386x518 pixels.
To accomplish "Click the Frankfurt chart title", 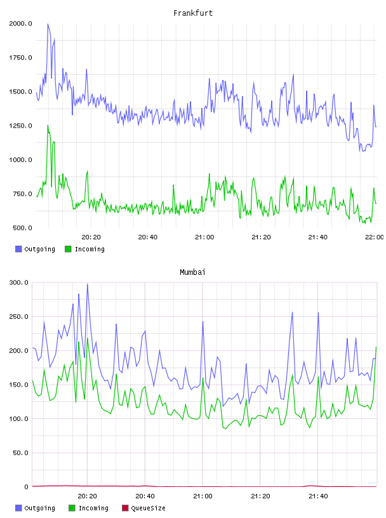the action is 193,13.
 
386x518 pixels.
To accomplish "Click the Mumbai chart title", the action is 192,272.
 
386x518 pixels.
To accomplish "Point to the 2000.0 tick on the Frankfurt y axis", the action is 20,23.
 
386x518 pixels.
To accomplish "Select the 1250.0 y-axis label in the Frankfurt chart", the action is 20,126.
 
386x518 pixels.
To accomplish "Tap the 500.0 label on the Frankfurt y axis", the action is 22,228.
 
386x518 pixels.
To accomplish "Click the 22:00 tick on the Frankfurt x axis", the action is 375,237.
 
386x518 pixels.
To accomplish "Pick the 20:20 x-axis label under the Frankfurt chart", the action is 91,237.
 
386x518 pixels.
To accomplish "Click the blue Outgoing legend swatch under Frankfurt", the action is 18,249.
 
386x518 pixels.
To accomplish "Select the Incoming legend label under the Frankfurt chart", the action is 90,249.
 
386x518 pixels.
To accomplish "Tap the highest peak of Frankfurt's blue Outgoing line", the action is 48,23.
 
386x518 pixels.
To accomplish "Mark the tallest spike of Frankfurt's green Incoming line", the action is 48,126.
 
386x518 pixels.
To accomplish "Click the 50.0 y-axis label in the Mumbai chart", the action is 20,453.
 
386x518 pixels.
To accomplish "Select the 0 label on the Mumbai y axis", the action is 27,487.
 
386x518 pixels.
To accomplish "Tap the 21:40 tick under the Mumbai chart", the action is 318,496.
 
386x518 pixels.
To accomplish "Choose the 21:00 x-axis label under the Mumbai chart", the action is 203,496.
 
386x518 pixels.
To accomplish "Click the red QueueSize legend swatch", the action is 125,508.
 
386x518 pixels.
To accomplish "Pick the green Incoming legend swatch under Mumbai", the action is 72,508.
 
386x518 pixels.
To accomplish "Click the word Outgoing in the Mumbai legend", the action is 39,508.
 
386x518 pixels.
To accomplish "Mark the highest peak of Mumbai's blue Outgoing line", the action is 88,284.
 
